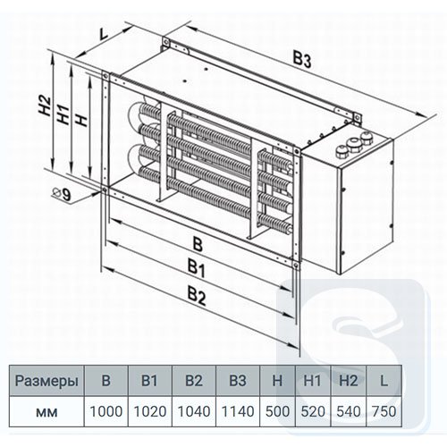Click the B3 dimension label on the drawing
[301, 60]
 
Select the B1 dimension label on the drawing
[196, 267]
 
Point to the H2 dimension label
[45, 105]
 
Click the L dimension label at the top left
[104, 34]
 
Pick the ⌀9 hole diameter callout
[62, 195]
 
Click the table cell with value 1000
[106, 411]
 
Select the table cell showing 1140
[238, 411]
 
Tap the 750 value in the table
[384, 411]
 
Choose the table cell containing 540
[348, 411]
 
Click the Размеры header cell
[46, 381]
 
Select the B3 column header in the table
[238, 381]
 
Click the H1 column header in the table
[312, 381]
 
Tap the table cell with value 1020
[150, 411]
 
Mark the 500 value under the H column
[277, 411]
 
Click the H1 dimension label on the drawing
[63, 114]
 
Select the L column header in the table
[384, 381]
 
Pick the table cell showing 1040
[194, 411]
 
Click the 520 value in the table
[313, 411]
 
